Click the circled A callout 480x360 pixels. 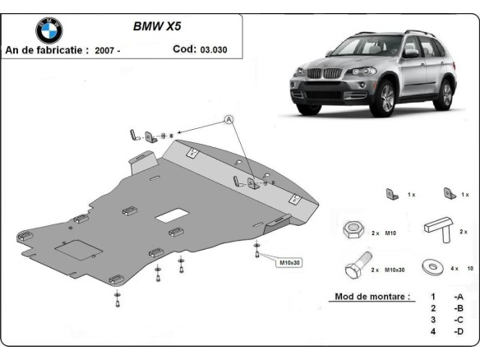pyautogui.click(x=229, y=120)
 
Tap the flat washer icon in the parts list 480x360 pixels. pyautogui.click(x=432, y=268)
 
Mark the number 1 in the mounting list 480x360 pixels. pyautogui.click(x=432, y=296)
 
